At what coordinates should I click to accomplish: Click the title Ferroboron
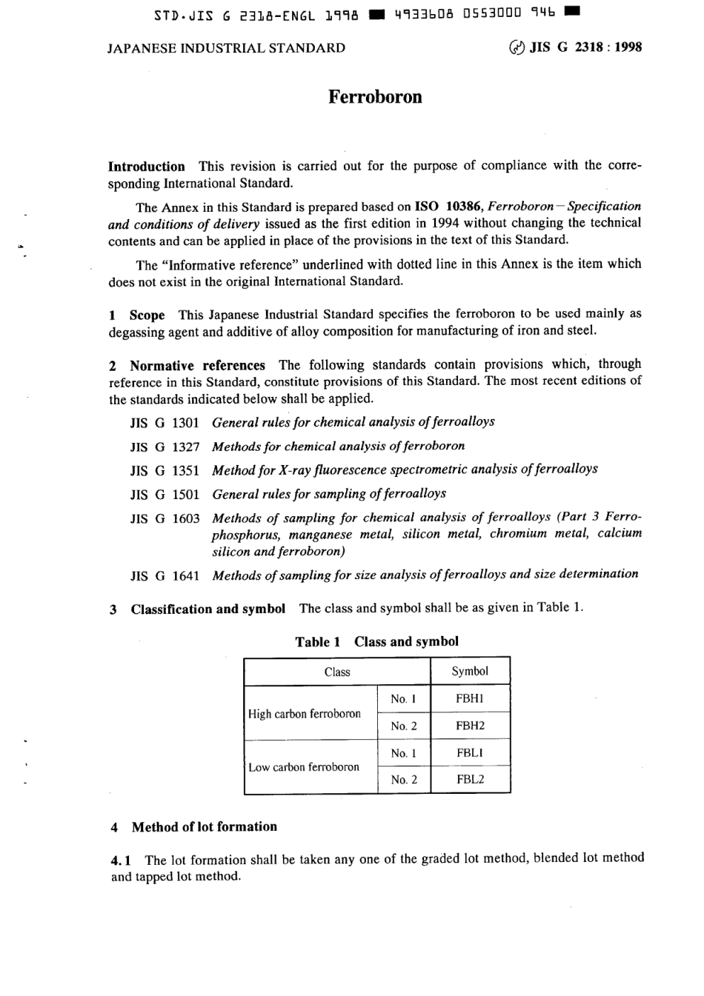375,98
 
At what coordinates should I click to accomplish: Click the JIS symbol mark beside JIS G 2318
517,48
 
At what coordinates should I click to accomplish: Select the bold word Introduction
147,167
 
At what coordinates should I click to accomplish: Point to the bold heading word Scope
147,315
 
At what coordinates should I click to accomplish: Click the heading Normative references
197,366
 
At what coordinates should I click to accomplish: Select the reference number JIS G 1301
165,423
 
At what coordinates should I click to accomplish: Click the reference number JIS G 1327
165,447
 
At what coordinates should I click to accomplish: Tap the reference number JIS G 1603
165,518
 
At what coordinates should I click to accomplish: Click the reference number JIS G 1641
165,575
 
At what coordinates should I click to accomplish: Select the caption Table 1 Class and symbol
376,642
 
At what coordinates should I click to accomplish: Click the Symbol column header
470,672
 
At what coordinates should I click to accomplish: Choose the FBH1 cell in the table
470,699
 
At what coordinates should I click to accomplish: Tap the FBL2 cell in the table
470,780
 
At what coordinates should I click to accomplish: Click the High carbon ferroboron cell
305,714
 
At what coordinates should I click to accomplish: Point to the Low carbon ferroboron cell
304,767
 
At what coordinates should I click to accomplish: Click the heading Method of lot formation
204,827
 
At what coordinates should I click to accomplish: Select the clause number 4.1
122,860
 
